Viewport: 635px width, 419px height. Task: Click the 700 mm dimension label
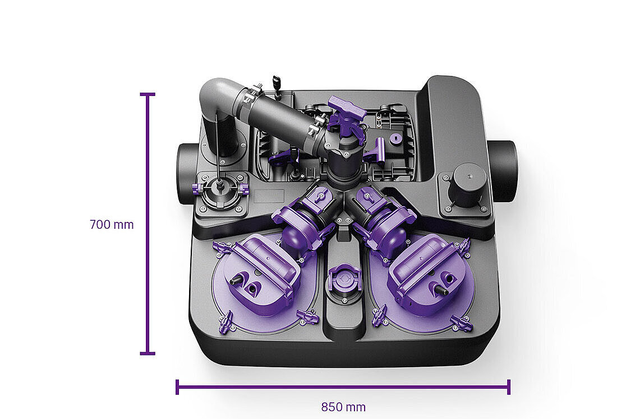point(112,224)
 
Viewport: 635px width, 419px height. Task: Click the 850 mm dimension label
point(343,407)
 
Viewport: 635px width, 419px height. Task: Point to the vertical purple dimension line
point(148,224)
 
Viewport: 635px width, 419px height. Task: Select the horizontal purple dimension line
point(343,387)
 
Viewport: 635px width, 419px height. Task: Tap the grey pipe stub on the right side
point(501,170)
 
